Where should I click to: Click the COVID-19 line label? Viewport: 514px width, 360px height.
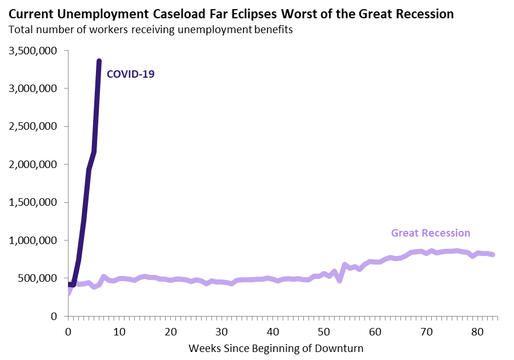pos(131,74)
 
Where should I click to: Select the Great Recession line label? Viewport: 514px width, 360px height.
pos(431,233)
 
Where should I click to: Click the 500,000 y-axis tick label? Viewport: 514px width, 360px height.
pos(38,278)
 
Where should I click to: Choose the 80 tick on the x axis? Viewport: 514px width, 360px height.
pos(478,330)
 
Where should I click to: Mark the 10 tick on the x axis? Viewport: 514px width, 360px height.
pos(119,330)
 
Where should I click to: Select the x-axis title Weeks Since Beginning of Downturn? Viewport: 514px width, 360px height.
pos(276,347)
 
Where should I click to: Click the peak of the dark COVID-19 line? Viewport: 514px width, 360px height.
pos(99,61)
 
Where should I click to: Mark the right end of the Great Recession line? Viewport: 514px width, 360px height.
pos(493,254)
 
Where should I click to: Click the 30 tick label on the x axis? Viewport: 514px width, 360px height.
pos(222,330)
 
